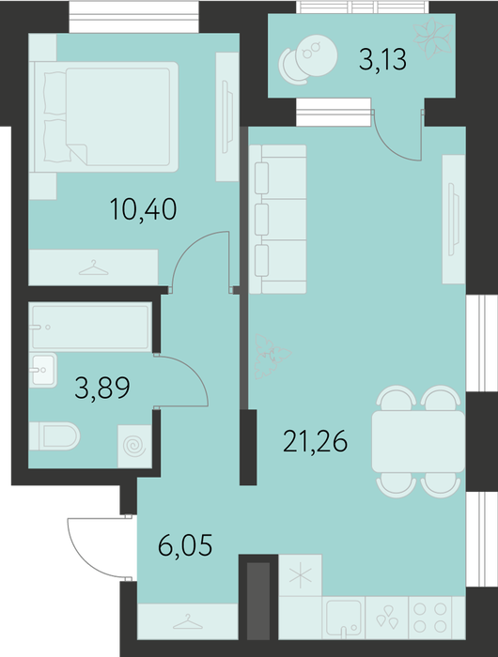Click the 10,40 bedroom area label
pyautogui.click(x=143, y=209)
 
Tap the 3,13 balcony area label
pyautogui.click(x=382, y=59)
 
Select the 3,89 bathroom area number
pyautogui.click(x=102, y=388)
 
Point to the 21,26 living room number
pyautogui.click(x=315, y=441)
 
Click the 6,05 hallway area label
pyautogui.click(x=185, y=544)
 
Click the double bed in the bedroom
pyautogui.click(x=106, y=117)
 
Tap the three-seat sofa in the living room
pyautogui.click(x=277, y=219)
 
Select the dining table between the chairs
pyautogui.click(x=418, y=442)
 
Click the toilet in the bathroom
pyautogui.click(x=54, y=436)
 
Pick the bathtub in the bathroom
pyautogui.click(x=90, y=328)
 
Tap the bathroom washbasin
pyautogui.click(x=42, y=370)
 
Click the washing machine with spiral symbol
pyautogui.click(x=134, y=446)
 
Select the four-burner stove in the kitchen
pyautogui.click(x=429, y=618)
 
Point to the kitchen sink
pyautogui.click(x=344, y=619)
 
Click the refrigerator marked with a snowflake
pyautogui.click(x=301, y=574)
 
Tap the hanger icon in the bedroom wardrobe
pyautogui.click(x=94, y=267)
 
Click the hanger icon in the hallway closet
pyautogui.click(x=188, y=621)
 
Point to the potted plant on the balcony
pyautogui.click(x=433, y=39)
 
